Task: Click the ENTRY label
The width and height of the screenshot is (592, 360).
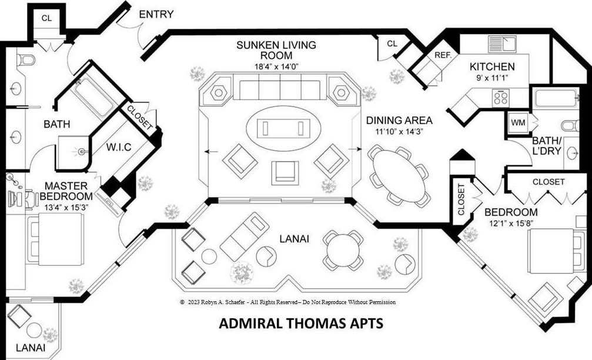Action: [155, 14]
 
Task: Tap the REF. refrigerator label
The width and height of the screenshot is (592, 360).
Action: [442, 55]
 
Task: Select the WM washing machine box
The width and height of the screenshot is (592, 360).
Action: [518, 123]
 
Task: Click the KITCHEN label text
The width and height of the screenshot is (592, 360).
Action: [492, 66]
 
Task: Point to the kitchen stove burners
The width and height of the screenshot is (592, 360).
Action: [501, 97]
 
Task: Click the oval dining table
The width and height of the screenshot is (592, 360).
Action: [400, 175]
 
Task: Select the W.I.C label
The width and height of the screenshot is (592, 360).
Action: [119, 145]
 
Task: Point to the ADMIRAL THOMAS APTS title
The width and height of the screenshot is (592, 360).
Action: [301, 323]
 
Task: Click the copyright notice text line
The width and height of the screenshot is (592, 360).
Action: [287, 302]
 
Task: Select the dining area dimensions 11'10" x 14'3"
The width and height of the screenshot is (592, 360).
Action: [399, 132]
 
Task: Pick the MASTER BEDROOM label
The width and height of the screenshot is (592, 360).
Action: [68, 191]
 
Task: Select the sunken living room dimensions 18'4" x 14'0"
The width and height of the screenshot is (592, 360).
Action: [276, 66]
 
